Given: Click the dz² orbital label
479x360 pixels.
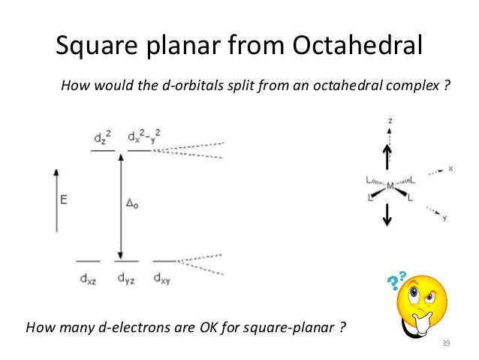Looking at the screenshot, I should point(104,138).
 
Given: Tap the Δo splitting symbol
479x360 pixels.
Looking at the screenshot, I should point(131,203).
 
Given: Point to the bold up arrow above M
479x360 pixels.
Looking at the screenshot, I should point(387,158).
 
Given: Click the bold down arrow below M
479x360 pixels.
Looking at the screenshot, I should point(387,214).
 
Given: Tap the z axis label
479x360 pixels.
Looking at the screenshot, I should point(390,120).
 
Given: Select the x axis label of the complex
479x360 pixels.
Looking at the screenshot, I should point(450,169).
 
